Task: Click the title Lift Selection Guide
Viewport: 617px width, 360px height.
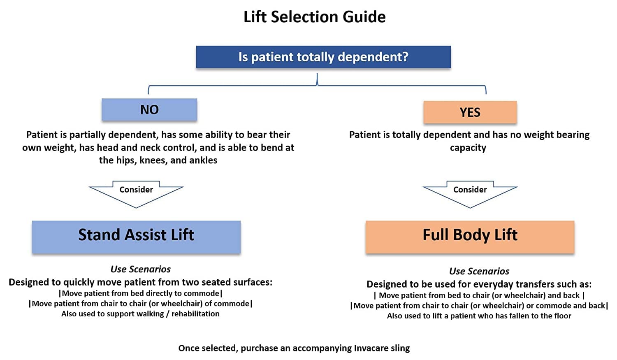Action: coord(315,17)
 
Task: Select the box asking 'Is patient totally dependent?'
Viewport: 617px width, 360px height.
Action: coord(323,57)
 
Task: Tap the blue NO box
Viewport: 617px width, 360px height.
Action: coord(149,109)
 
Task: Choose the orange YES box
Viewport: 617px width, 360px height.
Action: coord(470,112)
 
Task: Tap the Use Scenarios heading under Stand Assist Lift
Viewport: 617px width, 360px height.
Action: coord(140,269)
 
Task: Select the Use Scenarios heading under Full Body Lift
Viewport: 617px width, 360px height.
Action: coord(479,271)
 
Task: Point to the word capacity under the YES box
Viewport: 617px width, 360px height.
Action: coord(468,148)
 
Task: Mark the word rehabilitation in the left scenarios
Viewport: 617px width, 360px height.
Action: coord(195,314)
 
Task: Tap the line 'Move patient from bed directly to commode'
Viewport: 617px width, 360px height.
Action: coord(140,293)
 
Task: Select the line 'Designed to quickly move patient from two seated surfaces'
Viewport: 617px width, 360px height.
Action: coord(140,282)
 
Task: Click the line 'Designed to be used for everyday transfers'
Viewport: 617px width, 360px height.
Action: coord(479,284)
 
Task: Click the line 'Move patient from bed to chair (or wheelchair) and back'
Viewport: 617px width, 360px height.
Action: coord(479,295)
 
